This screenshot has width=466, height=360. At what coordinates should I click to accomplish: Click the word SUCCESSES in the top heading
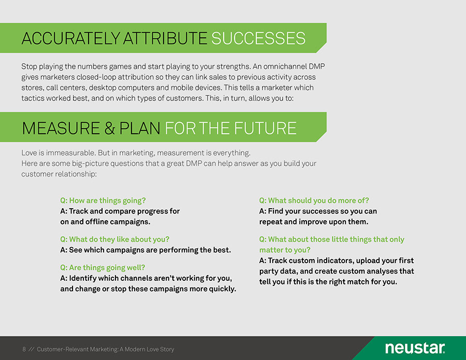pos(258,38)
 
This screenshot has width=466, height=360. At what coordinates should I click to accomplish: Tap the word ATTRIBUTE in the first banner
pos(165,38)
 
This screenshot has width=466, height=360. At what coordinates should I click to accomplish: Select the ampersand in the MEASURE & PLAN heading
pos(110,128)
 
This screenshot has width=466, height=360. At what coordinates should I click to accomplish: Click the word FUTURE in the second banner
pos(265,128)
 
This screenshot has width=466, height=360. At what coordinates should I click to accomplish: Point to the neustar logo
pos(415,348)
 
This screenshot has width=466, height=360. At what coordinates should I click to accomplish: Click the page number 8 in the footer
pos(24,349)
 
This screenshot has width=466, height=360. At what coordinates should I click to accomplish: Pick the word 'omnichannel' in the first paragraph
pos(283,66)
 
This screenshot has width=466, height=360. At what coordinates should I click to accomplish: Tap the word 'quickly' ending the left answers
pos(222,289)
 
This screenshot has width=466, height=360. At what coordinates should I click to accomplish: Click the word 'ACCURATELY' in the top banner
pos(70,38)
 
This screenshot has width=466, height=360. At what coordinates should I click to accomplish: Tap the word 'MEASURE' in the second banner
pos(61,128)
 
